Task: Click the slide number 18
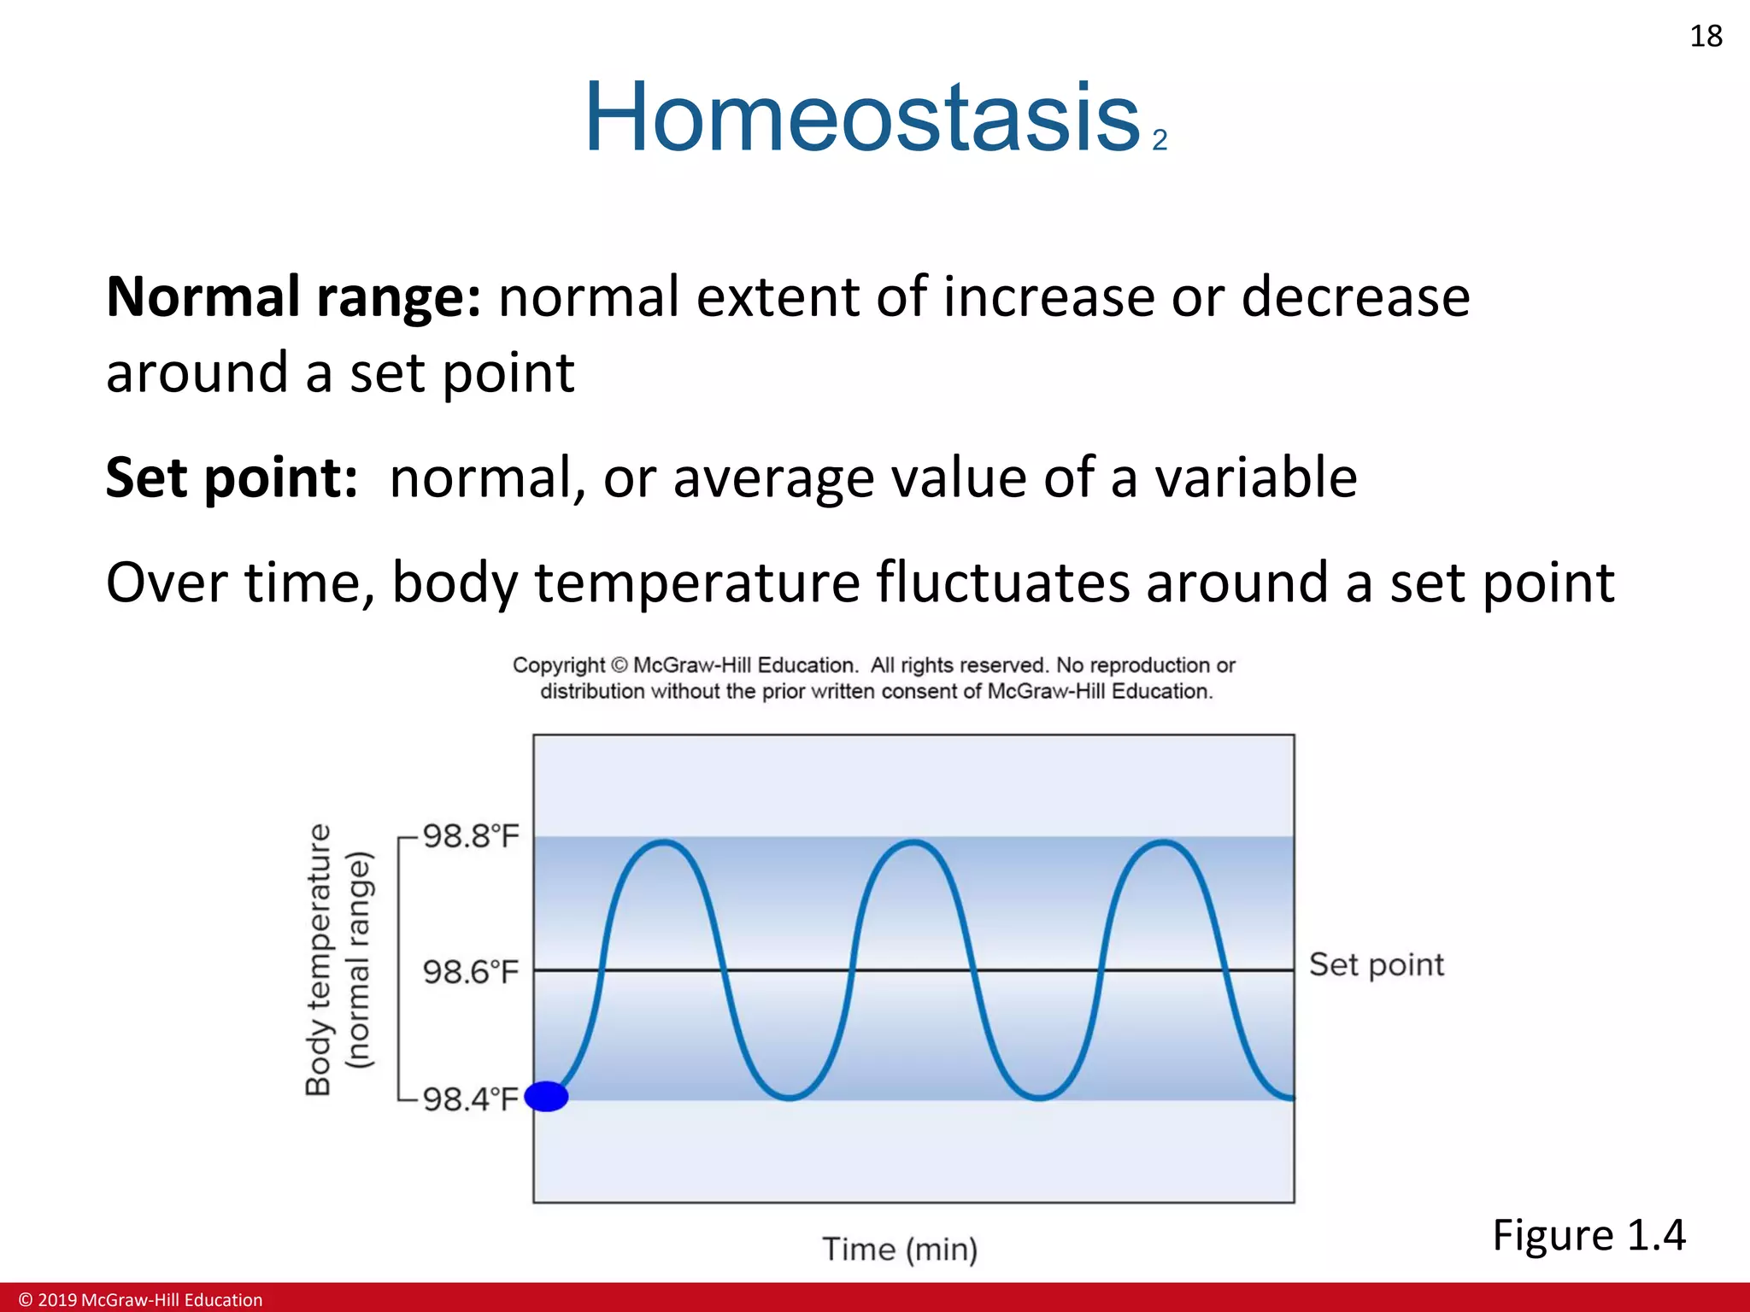[x=1706, y=37]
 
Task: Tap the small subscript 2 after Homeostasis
[x=1160, y=140]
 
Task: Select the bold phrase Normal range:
[x=293, y=297]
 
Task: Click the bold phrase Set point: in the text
[x=232, y=477]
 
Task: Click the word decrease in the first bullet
[x=1354, y=297]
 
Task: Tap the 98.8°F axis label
[x=471, y=836]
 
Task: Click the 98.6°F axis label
[x=471, y=972]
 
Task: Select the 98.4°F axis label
[x=471, y=1098]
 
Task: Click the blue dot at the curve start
[x=546, y=1096]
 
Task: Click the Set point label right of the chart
[x=1376, y=965]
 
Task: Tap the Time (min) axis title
[x=900, y=1249]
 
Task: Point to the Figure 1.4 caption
[x=1589, y=1235]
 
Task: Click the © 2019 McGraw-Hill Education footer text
[x=141, y=1300]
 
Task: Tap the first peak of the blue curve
[x=664, y=843]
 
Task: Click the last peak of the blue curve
[x=1164, y=843]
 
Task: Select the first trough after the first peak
[x=789, y=1097]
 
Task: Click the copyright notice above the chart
[x=874, y=678]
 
